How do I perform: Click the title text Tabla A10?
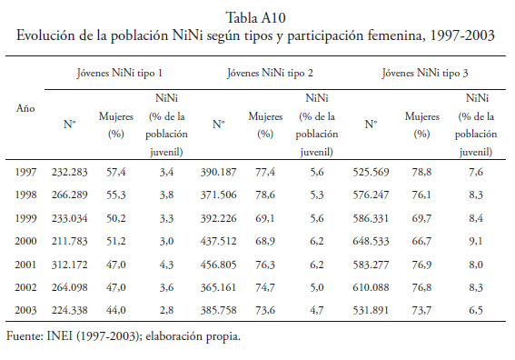click(256, 18)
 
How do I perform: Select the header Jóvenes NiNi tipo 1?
click(120, 73)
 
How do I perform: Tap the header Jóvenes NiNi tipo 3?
click(425, 73)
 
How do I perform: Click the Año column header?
click(25, 108)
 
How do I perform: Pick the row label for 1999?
click(25, 218)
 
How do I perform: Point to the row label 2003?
click(25, 310)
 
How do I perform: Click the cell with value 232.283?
click(69, 172)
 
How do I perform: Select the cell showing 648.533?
click(371, 241)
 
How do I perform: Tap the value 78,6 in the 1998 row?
click(265, 195)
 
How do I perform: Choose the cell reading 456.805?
click(218, 265)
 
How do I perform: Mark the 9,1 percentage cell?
click(476, 241)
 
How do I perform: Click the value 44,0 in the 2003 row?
click(115, 310)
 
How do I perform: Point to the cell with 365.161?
click(218, 287)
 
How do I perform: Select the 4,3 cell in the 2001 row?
click(166, 265)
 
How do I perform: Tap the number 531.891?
click(371, 310)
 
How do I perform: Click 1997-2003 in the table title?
click(462, 35)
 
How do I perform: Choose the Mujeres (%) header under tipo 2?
click(265, 125)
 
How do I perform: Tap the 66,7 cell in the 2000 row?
click(421, 241)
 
